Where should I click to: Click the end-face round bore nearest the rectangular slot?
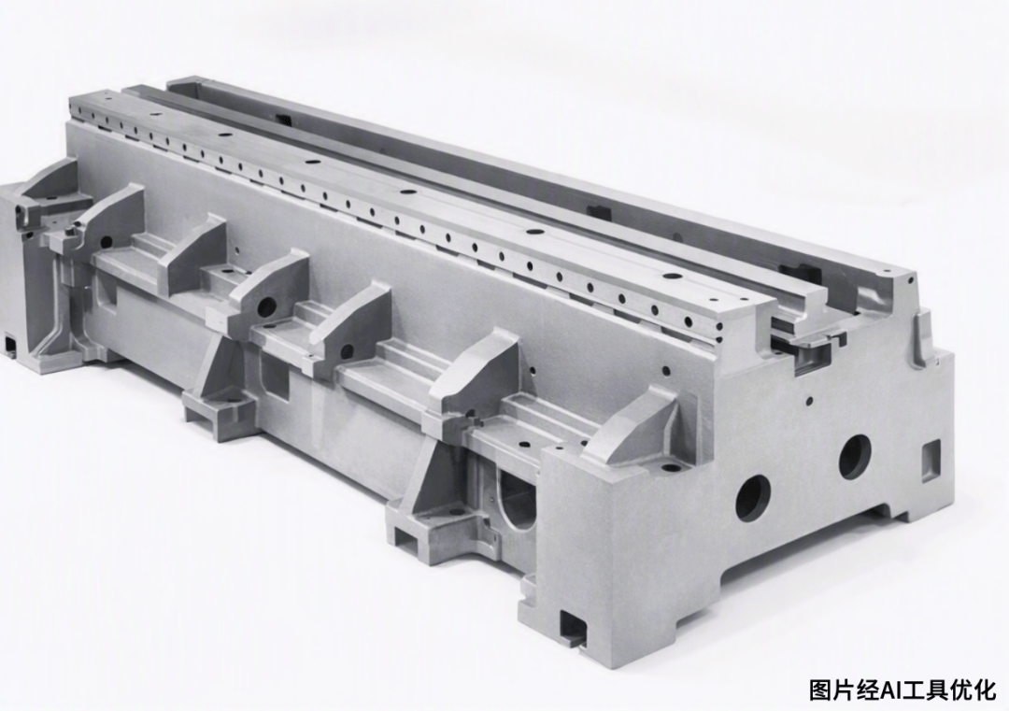click(855, 456)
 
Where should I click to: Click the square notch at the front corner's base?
click(574, 626)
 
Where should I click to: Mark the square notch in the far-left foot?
click(10, 344)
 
